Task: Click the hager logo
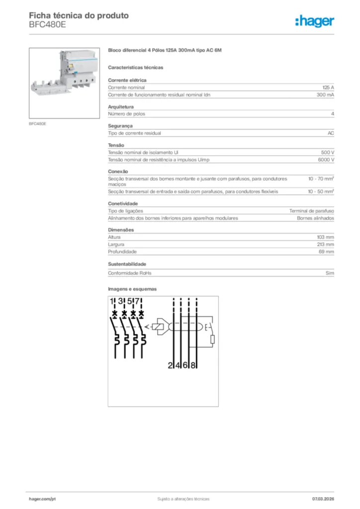[x=315, y=21]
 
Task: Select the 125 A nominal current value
[x=329, y=87]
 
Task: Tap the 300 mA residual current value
[x=325, y=94]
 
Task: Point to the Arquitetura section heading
[x=121, y=107]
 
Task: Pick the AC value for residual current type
[x=331, y=133]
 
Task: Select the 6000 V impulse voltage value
[x=326, y=160]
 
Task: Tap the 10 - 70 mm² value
[x=321, y=178]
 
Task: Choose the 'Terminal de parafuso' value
[x=312, y=211]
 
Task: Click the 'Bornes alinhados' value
[x=315, y=218]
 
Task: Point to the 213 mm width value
[x=326, y=245]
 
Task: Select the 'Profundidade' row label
[x=122, y=252]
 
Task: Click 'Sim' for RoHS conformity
[x=330, y=273]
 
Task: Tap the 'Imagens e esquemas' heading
[x=132, y=289]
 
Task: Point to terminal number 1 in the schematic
[x=112, y=301]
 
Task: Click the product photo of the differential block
[x=64, y=83]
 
